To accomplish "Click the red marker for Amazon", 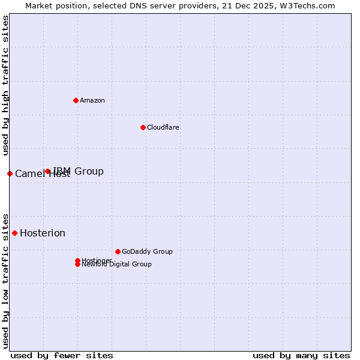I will (x=76, y=100).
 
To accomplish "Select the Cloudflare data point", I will (x=143, y=127).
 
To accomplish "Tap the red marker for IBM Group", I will (x=47, y=172).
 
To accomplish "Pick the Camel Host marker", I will (x=10, y=173).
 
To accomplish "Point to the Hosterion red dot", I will (x=14, y=233).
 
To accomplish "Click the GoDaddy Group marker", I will (x=118, y=251).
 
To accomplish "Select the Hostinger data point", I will (x=77, y=260).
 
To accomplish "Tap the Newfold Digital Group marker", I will (x=77, y=265).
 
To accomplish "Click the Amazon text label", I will (x=92, y=100).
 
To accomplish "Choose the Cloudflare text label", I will (x=163, y=127).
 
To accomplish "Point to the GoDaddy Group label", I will (x=147, y=251).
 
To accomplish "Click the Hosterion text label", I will (x=43, y=233).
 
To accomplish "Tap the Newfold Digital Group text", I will (x=116, y=265).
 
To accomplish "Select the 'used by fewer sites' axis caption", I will (x=62, y=355).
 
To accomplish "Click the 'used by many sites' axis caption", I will (x=301, y=355).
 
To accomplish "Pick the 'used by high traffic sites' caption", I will (x=5, y=86).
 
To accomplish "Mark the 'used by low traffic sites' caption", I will (x=5, y=280).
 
